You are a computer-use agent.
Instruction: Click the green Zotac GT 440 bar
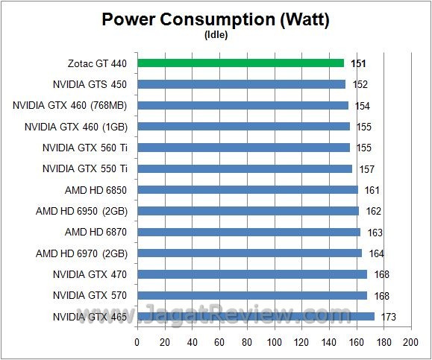coord(240,63)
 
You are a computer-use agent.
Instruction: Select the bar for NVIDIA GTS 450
coord(241,84)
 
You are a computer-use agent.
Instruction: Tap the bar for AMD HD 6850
coord(247,190)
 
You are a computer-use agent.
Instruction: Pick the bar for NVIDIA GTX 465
coord(255,317)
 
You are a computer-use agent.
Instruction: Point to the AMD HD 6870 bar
coord(248,233)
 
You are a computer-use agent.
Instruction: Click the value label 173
coord(387,318)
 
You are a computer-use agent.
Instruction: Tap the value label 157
coord(366,169)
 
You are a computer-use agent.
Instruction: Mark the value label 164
coord(375,254)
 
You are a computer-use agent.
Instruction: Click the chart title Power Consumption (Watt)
coord(216,19)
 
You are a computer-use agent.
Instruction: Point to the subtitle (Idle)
coord(216,34)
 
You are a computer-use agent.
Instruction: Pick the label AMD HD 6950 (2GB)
coord(81,212)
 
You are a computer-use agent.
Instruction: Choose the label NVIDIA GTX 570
coord(90,296)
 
